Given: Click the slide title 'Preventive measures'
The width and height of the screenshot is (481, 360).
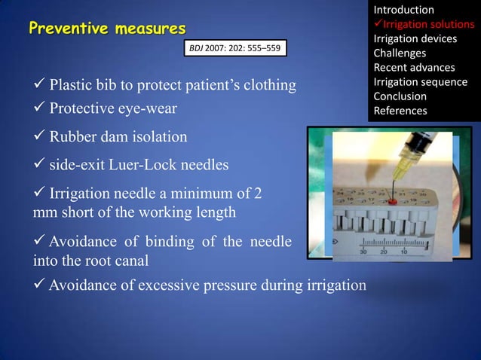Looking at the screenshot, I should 106,29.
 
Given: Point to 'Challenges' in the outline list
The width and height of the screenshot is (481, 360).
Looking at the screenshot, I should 400,53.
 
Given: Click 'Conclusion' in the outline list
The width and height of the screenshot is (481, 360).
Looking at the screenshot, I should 400,96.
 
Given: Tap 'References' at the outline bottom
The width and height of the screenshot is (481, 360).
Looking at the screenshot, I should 400,111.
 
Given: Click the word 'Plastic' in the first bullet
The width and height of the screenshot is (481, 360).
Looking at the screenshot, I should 72,84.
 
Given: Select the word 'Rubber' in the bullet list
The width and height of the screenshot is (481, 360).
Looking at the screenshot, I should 72,138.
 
